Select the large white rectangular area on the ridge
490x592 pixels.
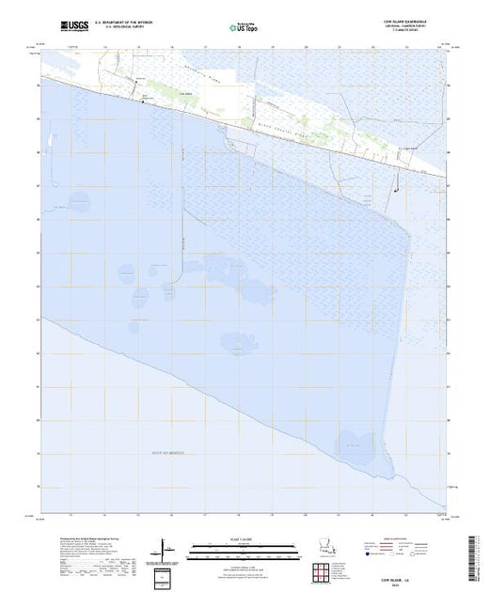point(223,85)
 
